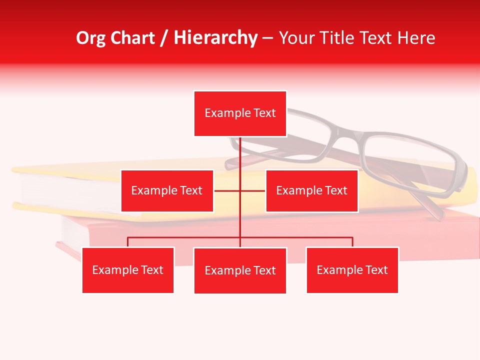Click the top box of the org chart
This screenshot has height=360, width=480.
(x=240, y=113)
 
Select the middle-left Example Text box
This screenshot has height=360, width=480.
(x=167, y=190)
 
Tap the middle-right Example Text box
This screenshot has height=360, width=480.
(x=311, y=190)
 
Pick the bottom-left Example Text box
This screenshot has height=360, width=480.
(x=128, y=270)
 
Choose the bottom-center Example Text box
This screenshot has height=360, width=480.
(x=240, y=270)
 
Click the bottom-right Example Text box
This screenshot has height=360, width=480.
(x=352, y=270)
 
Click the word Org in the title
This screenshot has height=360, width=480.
(x=91, y=38)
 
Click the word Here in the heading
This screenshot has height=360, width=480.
(x=416, y=38)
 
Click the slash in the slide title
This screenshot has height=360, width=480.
(x=164, y=38)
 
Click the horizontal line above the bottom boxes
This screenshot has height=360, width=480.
(x=300, y=237)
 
